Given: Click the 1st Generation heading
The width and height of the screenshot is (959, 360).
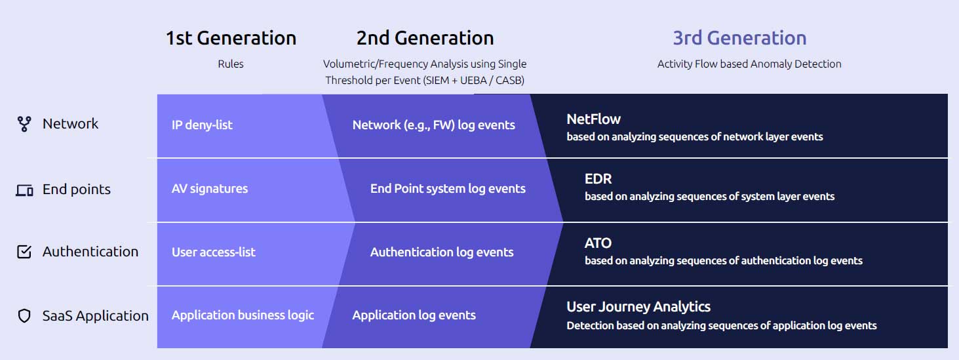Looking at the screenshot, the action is (231, 38).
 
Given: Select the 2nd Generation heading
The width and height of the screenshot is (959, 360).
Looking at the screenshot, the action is (425, 38).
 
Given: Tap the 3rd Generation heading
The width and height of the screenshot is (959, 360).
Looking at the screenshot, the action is (739, 38).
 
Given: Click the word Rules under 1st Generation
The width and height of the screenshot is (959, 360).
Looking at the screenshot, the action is (230, 64).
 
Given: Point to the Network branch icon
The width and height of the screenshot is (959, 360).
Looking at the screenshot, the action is (24, 124).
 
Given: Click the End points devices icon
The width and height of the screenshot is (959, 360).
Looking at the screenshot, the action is (24, 190).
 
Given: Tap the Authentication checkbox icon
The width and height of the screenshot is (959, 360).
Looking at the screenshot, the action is (24, 252).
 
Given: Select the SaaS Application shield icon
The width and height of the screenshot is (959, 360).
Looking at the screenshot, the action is (24, 316).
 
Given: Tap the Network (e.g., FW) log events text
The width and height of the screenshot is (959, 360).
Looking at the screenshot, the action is (434, 125).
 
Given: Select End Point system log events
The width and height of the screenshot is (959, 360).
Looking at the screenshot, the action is (448, 189).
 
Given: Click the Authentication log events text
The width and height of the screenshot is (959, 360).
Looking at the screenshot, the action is (442, 252).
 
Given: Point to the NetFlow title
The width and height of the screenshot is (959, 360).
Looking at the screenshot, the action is (593, 119).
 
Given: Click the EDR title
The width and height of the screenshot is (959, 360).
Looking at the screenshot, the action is (598, 179).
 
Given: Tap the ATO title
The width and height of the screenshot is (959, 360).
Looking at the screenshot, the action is (598, 243).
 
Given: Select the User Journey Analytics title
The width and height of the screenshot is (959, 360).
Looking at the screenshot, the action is (638, 307).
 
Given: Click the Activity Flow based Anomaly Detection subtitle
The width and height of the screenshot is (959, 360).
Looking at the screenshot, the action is (749, 64).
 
